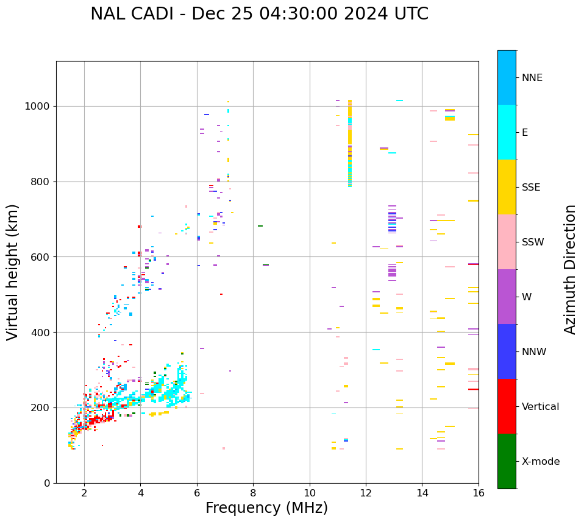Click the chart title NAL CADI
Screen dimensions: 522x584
click(x=259, y=14)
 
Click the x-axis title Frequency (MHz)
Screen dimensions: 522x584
click(x=266, y=508)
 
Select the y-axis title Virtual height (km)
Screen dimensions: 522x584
click(x=13, y=272)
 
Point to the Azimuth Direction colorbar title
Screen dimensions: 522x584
click(x=570, y=269)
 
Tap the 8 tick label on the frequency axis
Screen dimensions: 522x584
click(x=253, y=493)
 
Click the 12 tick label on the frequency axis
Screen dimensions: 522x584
click(x=366, y=493)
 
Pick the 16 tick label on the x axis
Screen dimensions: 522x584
click(x=478, y=493)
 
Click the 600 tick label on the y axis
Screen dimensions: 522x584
click(x=41, y=257)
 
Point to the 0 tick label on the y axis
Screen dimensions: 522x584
click(x=47, y=483)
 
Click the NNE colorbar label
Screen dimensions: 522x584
click(x=532, y=78)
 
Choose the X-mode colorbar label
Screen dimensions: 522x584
click(x=540, y=462)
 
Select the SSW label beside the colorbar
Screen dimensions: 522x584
click(x=532, y=242)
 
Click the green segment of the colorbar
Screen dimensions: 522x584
click(x=507, y=461)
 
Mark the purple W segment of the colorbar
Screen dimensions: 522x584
click(x=507, y=297)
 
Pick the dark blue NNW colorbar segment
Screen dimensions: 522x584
click(x=507, y=351)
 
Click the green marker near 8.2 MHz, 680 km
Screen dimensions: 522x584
click(x=260, y=226)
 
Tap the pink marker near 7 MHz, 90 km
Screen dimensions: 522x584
click(x=224, y=448)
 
